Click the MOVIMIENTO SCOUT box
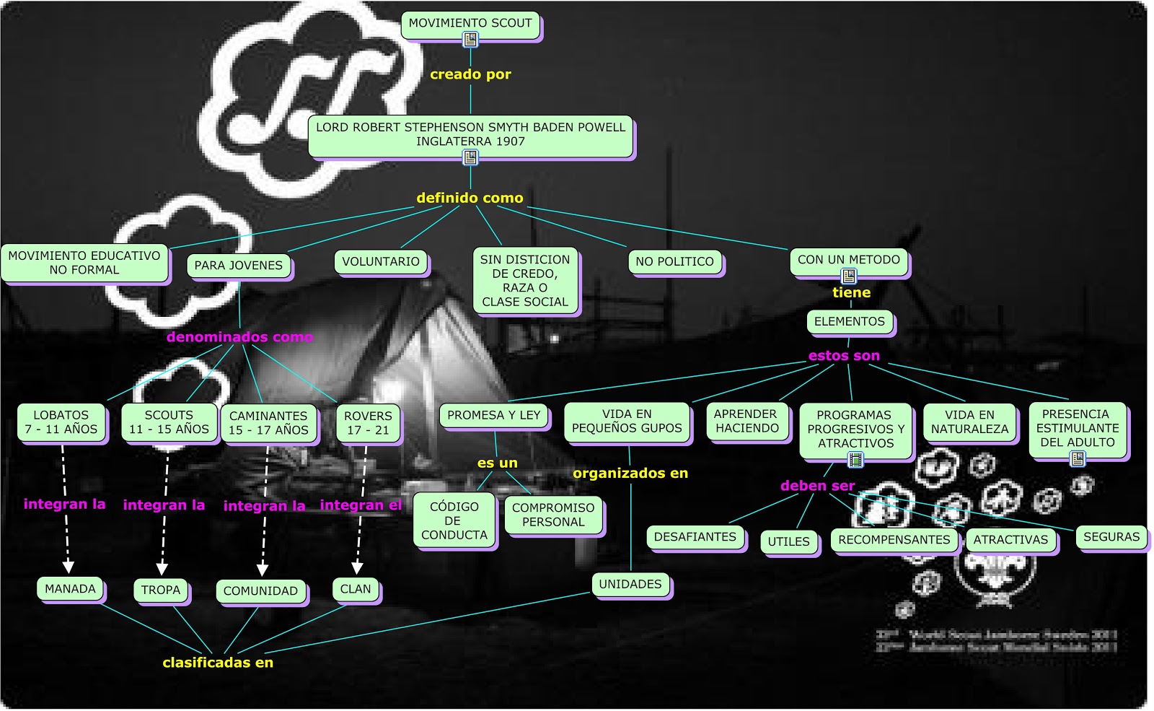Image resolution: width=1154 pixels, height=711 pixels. pyautogui.click(x=470, y=24)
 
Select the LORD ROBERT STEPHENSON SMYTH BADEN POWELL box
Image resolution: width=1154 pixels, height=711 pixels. pyautogui.click(x=470, y=134)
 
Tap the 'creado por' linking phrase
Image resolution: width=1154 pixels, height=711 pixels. pyautogui.click(x=470, y=74)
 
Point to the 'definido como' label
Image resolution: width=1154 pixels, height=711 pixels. pyautogui.click(x=470, y=198)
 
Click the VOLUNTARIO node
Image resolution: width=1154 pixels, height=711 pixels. pyautogui.click(x=381, y=261)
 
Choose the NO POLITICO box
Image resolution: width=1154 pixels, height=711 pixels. pyautogui.click(x=674, y=262)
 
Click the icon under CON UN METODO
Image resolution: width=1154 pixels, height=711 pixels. pyautogui.click(x=849, y=276)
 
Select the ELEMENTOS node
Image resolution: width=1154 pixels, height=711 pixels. pyautogui.click(x=849, y=322)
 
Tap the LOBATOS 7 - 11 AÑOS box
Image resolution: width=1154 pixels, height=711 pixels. pyautogui.click(x=61, y=422)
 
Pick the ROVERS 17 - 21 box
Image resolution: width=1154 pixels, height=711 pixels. pyautogui.click(x=368, y=423)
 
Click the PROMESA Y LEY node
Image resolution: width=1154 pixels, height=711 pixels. pyautogui.click(x=493, y=415)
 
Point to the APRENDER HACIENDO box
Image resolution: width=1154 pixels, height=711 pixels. pyautogui.click(x=746, y=421)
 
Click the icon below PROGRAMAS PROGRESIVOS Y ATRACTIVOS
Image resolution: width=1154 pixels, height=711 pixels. pyautogui.click(x=855, y=459)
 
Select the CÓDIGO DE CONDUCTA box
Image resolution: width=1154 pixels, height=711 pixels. pyautogui.click(x=454, y=521)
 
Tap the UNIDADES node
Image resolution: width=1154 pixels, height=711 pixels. pyautogui.click(x=630, y=585)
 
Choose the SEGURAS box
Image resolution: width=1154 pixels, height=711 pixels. pyautogui.click(x=1111, y=537)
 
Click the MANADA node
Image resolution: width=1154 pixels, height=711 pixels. pyautogui.click(x=70, y=589)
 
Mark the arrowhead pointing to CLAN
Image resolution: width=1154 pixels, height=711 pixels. pyautogui.click(x=357, y=568)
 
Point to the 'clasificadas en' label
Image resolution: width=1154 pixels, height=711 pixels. pyautogui.click(x=218, y=663)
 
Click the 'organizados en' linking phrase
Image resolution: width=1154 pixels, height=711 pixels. pyautogui.click(x=630, y=474)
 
